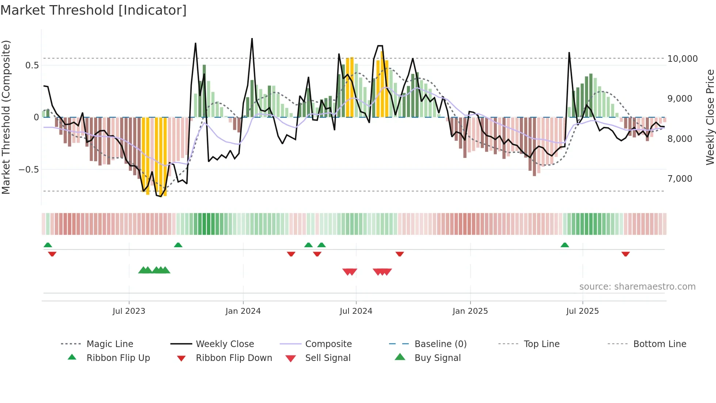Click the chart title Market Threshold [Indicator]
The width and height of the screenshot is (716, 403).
point(94,10)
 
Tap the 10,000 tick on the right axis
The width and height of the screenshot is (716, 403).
point(682,59)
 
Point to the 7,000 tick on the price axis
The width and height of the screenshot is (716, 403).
point(679,178)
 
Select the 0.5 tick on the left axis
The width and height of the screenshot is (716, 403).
point(32,65)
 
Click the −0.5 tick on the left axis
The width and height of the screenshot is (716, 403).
point(28,169)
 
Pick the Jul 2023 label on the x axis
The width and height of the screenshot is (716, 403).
point(129,311)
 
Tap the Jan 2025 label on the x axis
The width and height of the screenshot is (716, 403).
point(470,311)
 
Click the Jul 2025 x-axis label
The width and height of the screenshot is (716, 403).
point(582,311)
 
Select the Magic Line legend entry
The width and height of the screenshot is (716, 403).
point(110,344)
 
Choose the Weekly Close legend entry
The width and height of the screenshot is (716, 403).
point(225,344)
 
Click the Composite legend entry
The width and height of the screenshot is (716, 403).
point(328,344)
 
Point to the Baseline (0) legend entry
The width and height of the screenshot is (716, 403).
point(440,344)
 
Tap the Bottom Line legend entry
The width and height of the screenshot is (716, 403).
point(659,344)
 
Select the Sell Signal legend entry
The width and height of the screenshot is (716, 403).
point(328,358)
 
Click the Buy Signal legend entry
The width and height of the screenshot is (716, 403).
point(437,358)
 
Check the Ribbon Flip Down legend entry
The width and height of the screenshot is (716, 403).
point(234,358)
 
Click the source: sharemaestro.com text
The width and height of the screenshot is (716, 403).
point(637,286)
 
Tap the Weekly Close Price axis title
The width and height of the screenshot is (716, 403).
point(710,117)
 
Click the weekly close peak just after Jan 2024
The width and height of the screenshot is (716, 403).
point(252,39)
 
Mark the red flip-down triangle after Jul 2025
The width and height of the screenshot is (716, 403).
point(625,254)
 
